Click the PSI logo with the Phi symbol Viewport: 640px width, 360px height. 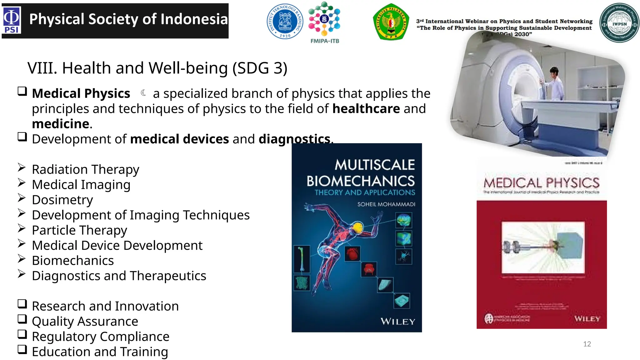pos(12,20)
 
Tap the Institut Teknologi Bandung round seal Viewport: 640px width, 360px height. pos(285,21)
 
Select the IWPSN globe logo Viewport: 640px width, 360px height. pos(619,23)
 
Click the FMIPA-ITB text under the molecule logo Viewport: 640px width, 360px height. pos(325,41)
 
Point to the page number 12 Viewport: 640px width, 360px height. pos(587,344)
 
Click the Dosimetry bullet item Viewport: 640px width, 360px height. pos(62,200)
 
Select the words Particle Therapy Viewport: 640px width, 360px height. pos(79,230)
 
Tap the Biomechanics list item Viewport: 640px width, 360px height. pos(73,261)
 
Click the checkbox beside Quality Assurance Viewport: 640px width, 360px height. pos(22,319)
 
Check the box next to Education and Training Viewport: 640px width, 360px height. pos(22,349)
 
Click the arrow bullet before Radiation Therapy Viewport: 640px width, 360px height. pos(22,167)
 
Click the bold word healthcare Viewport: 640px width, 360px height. pos(366,109)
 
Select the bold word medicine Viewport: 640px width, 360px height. pos(61,124)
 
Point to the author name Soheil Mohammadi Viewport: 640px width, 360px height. pos(386,204)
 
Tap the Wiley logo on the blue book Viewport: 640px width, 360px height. pos(397,322)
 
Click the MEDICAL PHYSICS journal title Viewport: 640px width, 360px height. pos(541,183)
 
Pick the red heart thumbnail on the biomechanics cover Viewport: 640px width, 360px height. pos(352,253)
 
